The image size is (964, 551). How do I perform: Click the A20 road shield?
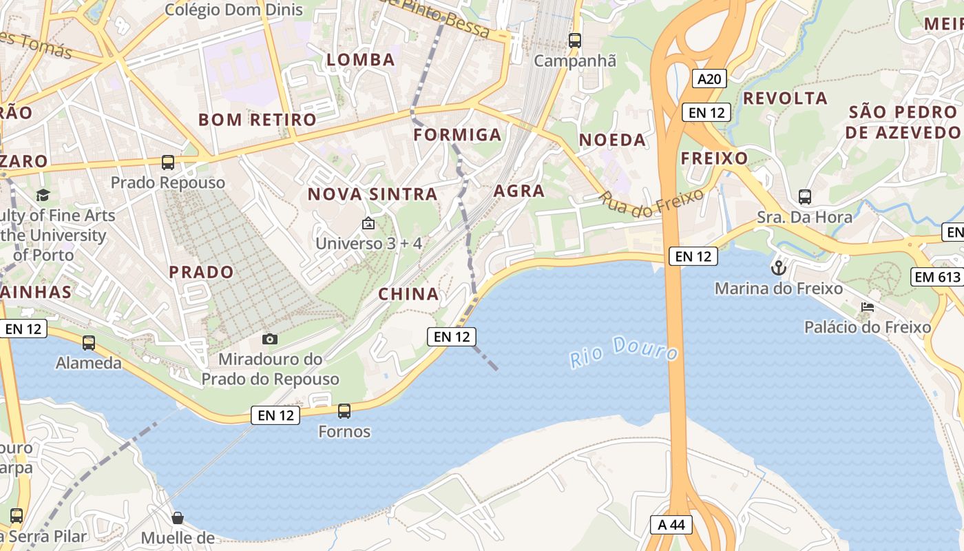click(x=709, y=79)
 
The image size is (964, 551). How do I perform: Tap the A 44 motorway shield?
click(x=671, y=525)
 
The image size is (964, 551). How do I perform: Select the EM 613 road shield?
click(x=936, y=277)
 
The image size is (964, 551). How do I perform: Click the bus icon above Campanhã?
click(x=575, y=40)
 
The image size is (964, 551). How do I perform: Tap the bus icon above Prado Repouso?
click(x=168, y=163)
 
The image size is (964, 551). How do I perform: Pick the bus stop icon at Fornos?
click(x=344, y=411)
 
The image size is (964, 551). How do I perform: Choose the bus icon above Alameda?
click(x=89, y=342)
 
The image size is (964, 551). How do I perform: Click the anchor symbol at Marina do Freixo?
click(x=779, y=267)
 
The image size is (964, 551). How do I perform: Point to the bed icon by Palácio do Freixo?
click(x=868, y=307)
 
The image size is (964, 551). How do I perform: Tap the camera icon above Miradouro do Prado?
click(x=270, y=339)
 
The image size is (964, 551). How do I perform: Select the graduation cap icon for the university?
click(x=43, y=195)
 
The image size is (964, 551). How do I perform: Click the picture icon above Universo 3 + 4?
click(x=368, y=223)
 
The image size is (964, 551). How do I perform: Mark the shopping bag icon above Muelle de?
click(x=178, y=517)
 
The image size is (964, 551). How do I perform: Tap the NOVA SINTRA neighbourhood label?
click(x=373, y=194)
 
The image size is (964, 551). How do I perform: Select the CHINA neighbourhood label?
click(x=408, y=294)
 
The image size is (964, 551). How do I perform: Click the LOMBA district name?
click(x=361, y=60)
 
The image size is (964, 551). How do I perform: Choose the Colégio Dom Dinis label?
click(x=234, y=10)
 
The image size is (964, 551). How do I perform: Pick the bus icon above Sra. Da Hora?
click(x=805, y=197)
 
